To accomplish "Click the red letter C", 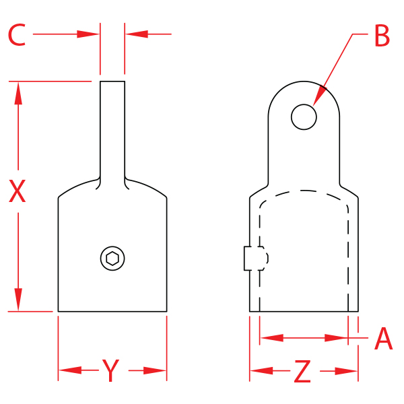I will pos(17,35).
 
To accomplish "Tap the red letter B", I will pos(382,36).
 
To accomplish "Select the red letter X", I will pos(17,192).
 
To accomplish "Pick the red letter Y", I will pos(111,370).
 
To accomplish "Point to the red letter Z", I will pos(303,371).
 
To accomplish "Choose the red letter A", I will pos(383,339).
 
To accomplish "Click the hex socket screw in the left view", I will pos(112,258).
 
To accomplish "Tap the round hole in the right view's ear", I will pos(304,116).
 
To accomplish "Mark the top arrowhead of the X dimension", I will pos(18,94).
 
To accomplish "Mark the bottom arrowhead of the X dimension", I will pos(18,300).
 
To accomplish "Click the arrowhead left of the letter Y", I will pos(69,370).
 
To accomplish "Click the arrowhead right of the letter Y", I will pos(156,370).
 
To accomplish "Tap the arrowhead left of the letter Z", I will pos(261,370).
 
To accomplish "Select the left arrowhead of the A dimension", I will pos(271,337).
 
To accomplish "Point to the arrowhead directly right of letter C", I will pos(89,33).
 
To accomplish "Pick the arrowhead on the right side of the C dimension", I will pos(135,33).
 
